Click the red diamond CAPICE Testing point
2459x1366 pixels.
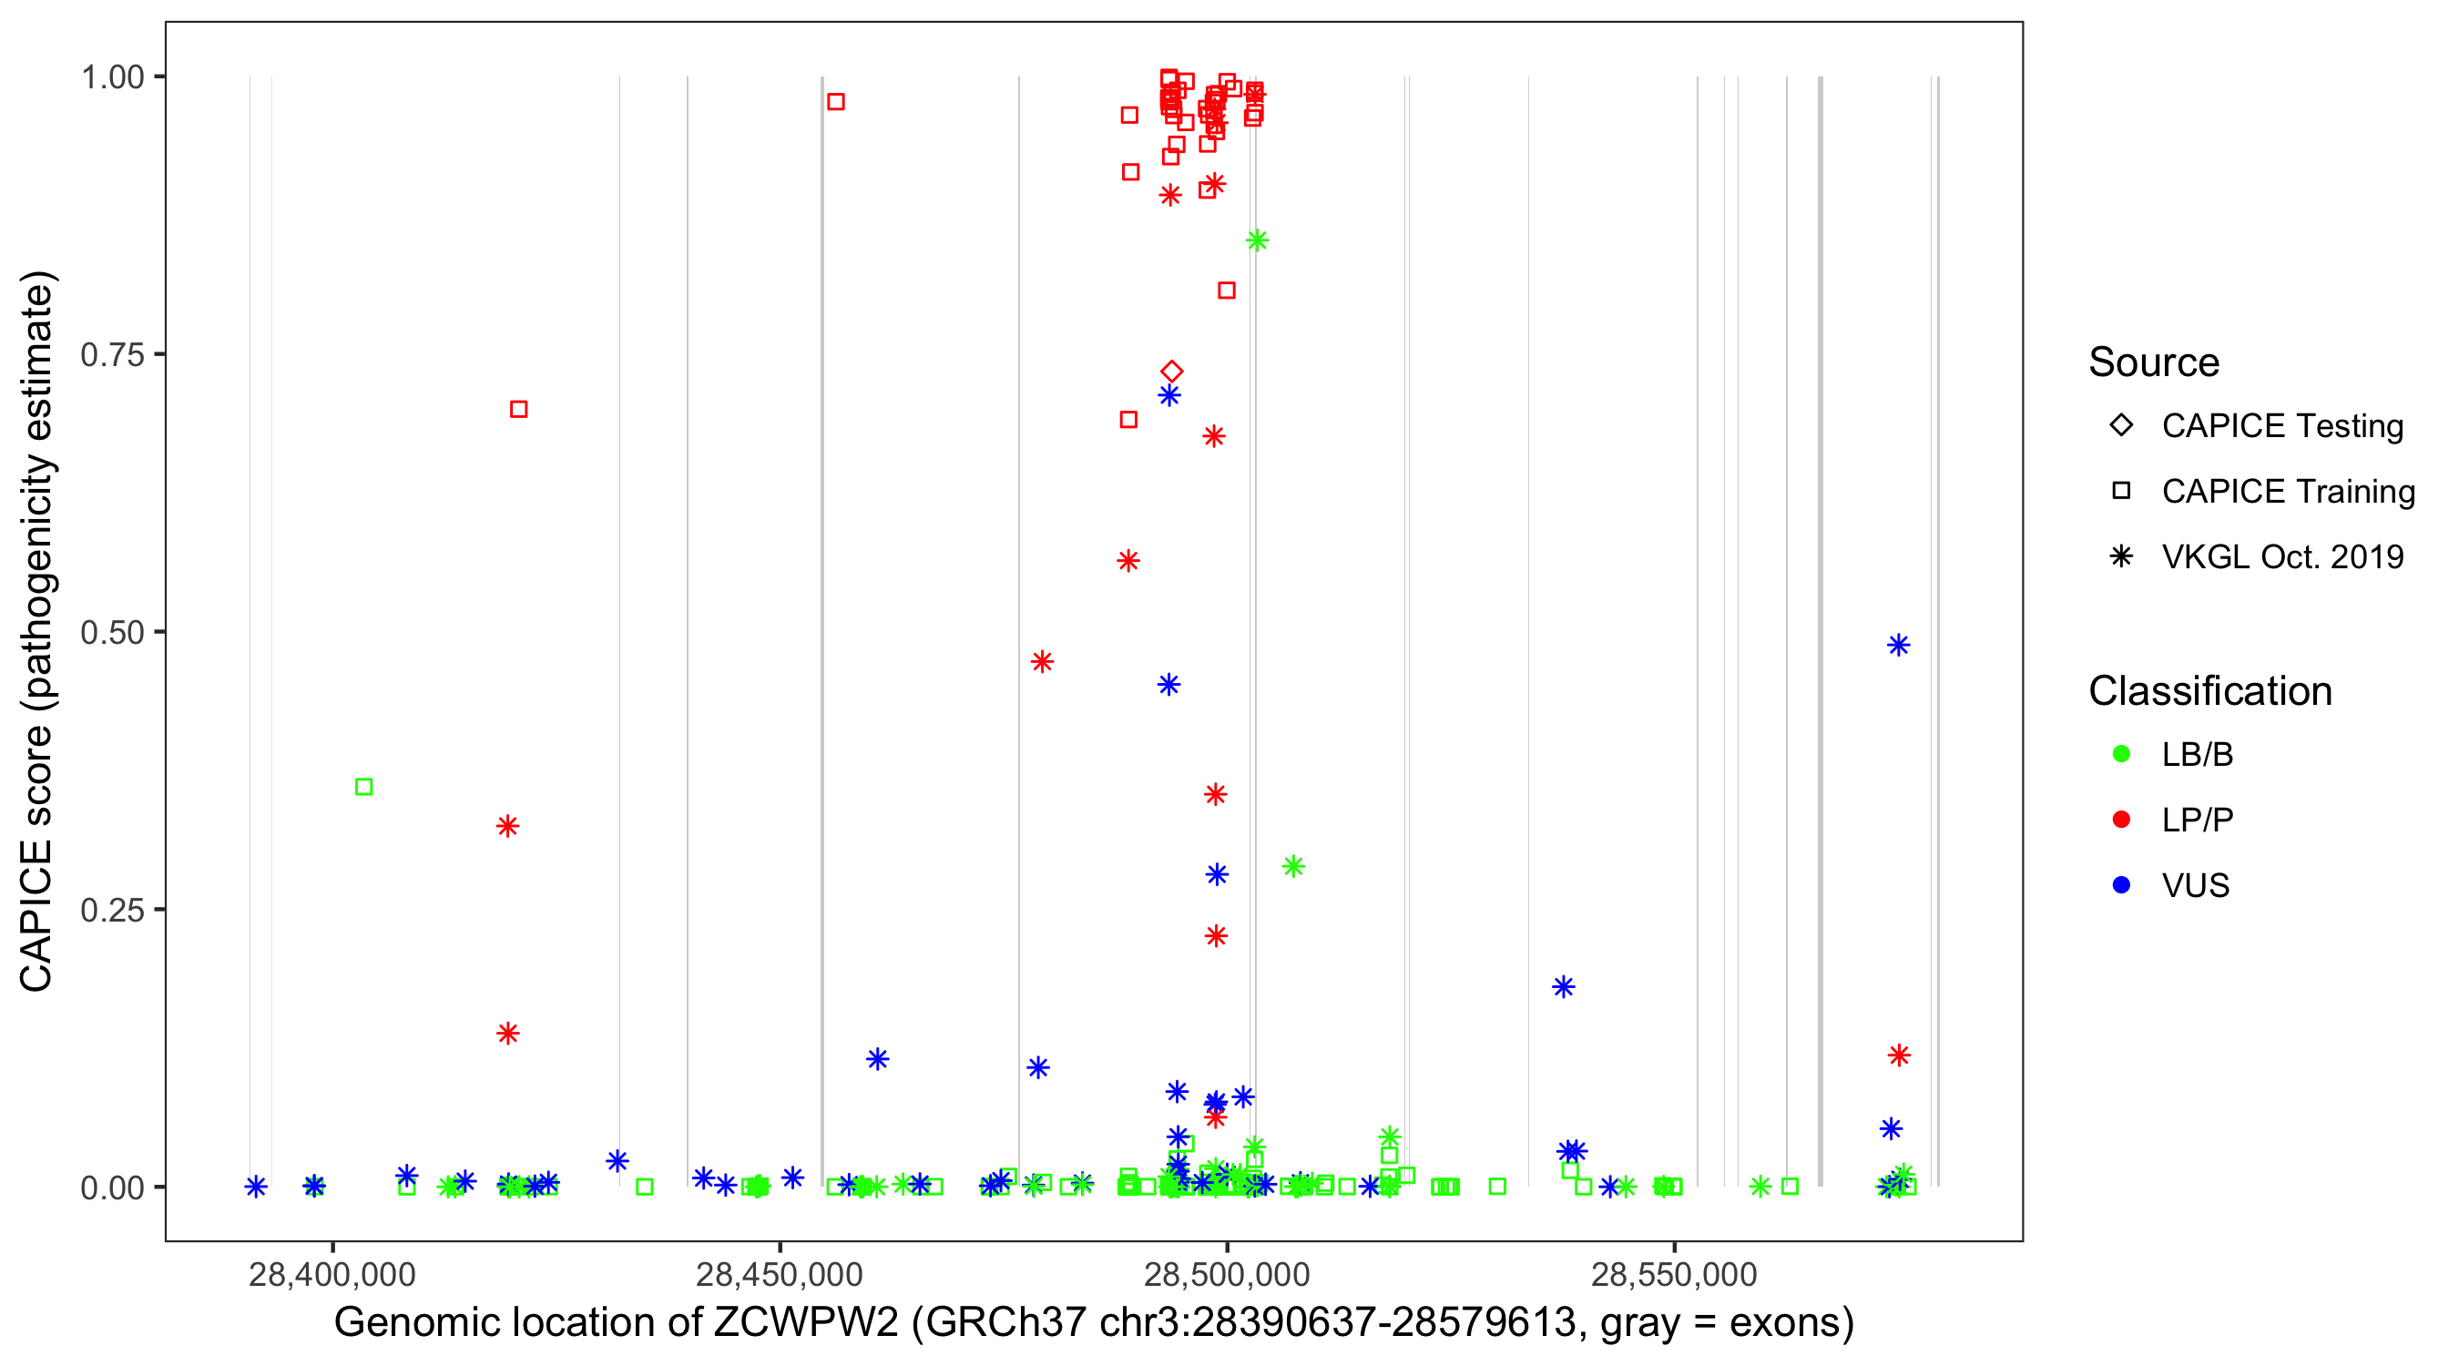point(1172,372)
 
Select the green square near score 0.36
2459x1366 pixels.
point(363,787)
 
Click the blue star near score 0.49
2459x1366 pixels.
point(1898,646)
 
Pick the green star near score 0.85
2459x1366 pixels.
point(1257,240)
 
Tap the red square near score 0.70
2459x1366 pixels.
point(518,409)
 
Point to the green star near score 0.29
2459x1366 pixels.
point(1293,866)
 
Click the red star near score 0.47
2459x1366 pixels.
point(1042,661)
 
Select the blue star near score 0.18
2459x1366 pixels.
point(1563,986)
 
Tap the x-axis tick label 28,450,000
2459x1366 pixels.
point(779,1274)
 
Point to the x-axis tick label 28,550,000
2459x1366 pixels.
point(1673,1274)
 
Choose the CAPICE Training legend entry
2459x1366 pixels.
point(2287,492)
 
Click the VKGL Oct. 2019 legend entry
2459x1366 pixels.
point(2281,556)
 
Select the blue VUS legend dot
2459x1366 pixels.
point(2121,885)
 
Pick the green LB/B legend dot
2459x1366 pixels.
point(2121,754)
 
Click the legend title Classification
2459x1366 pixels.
point(2209,691)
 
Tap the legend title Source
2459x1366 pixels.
point(2154,362)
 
